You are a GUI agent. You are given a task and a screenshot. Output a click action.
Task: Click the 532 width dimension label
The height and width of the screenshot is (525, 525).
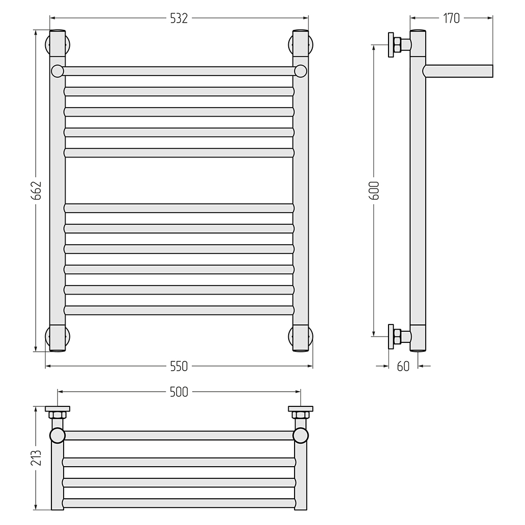coord(179,18)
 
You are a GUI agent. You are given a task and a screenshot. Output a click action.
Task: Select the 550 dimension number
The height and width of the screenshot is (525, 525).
coord(179,366)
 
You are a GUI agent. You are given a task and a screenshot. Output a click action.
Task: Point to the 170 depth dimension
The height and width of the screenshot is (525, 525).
coord(451,18)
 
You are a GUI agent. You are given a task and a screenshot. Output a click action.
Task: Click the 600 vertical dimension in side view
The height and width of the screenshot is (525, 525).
coord(374,191)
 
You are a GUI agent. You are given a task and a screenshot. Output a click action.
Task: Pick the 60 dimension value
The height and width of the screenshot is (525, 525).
coord(403,366)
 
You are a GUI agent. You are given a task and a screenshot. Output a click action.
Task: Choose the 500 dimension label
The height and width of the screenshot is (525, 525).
coord(179,392)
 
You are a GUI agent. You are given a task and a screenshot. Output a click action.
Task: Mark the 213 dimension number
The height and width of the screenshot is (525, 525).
coord(36,458)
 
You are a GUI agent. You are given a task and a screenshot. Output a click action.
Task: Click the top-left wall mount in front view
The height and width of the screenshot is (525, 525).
coord(58,44)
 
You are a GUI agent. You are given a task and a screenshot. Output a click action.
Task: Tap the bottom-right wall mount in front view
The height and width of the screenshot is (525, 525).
coord(300,338)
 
